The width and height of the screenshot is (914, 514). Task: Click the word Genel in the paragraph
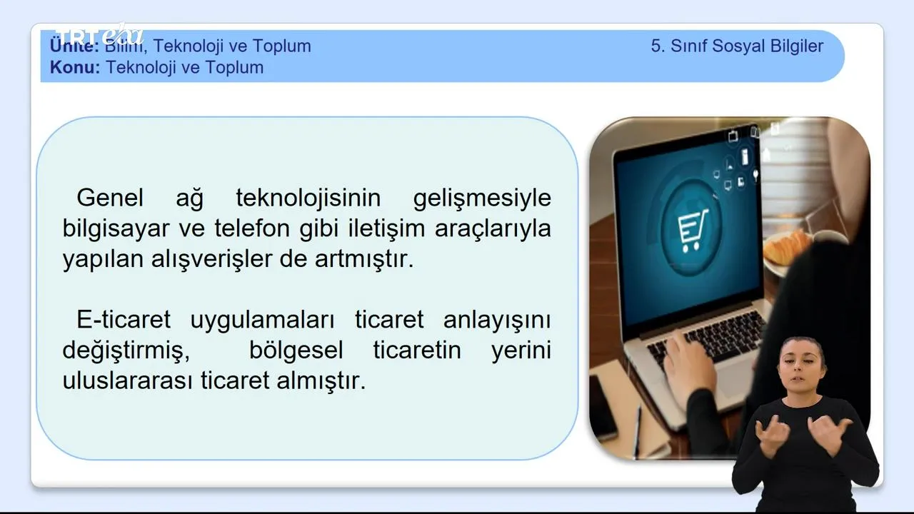[110, 198]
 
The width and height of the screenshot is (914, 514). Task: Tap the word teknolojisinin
[308, 198]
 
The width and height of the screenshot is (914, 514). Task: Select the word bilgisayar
[116, 229]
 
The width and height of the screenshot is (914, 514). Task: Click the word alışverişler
[211, 259]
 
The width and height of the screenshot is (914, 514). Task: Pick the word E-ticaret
[124, 319]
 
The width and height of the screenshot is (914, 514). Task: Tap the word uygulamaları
[262, 321]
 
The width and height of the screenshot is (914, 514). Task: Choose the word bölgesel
[296, 351]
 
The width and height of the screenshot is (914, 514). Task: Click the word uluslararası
[127, 381]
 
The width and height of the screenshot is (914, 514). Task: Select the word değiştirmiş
[126, 351]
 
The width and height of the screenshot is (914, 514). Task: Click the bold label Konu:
[75, 67]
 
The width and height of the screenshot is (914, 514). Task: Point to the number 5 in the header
[656, 46]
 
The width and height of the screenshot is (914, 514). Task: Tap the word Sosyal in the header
[738, 46]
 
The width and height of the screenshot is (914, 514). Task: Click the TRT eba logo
[99, 35]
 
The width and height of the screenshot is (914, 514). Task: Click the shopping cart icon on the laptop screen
[692, 230]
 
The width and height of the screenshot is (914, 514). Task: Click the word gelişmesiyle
[482, 198]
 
